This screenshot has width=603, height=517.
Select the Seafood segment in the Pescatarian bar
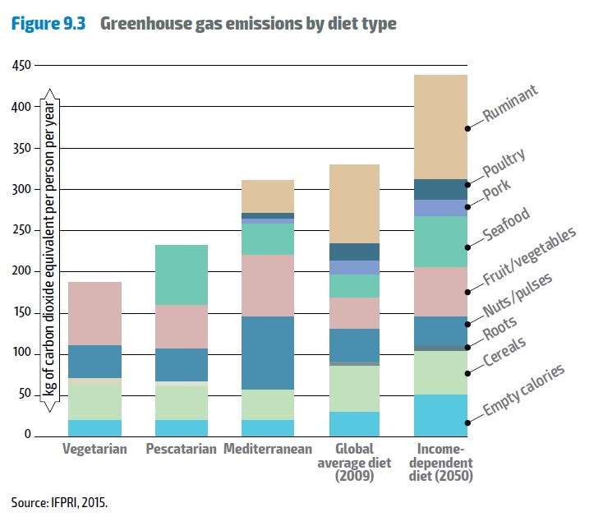[181, 275]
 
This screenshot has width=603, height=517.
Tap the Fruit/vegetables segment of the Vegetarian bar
[94, 313]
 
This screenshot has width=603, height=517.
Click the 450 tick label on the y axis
[22, 66]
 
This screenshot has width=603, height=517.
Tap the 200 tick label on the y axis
[22, 271]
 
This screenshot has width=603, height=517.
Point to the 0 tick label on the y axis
[29, 435]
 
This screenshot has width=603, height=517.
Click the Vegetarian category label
[94, 450]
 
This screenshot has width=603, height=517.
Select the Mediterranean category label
[268, 450]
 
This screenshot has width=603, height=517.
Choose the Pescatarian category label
[181, 450]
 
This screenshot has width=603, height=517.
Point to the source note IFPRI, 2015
[58, 501]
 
